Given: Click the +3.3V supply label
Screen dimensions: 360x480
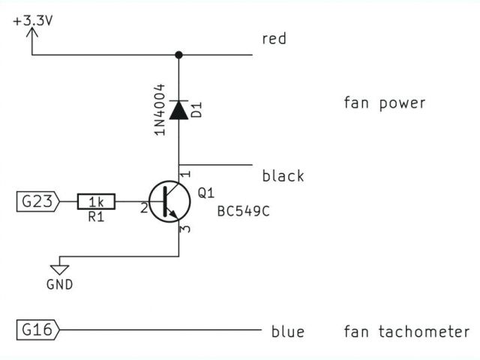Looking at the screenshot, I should [33, 21].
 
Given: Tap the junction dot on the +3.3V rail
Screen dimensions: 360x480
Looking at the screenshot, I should [178, 55].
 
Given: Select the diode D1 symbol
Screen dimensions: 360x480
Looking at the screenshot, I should [178, 110].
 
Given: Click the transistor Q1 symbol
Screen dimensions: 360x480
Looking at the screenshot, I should [169, 202].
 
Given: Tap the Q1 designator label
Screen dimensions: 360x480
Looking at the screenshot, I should [205, 193].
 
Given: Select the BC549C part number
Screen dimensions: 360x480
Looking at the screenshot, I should [242, 211].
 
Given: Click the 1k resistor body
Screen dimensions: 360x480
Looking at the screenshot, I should [96, 202].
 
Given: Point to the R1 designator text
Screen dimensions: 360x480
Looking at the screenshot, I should [96, 217].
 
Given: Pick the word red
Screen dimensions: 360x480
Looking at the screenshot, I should [274, 39].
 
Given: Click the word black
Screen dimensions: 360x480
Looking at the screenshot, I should [283, 176].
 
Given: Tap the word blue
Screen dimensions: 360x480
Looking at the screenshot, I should [288, 331].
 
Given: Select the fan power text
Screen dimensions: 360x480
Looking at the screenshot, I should [384, 103].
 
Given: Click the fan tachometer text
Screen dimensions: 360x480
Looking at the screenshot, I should [406, 331].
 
